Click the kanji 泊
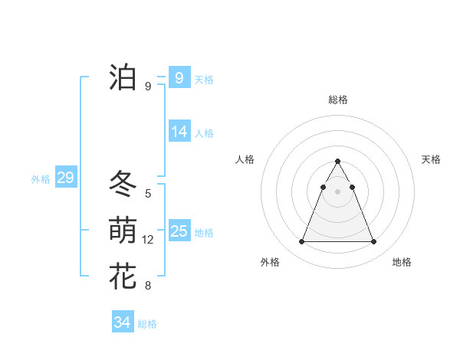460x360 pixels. click(123, 77)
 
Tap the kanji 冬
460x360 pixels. click(123, 184)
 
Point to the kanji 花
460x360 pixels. click(123, 276)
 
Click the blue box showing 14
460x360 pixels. click(179, 132)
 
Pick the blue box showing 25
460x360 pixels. click(179, 231)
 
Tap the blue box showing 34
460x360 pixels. click(122, 322)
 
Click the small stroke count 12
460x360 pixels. click(148, 240)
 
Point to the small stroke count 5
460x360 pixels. click(148, 194)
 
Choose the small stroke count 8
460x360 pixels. click(148, 286)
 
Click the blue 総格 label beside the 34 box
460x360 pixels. click(147, 324)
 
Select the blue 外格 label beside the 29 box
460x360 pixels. click(41, 179)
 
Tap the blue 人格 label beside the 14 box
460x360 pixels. click(204, 133)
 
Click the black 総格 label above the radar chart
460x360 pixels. click(337, 100)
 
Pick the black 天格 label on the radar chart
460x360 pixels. click(431, 159)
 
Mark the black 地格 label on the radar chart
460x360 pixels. click(402, 262)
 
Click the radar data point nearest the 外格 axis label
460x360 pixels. click(301, 242)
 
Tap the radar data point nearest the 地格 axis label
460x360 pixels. click(373, 242)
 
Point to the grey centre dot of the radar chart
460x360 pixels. click(337, 191)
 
